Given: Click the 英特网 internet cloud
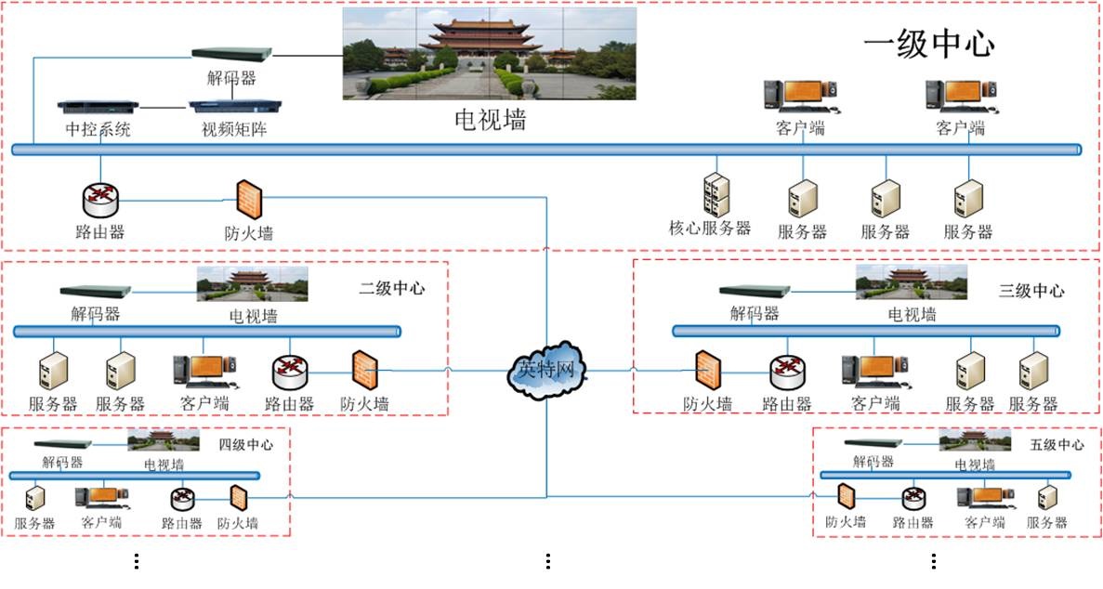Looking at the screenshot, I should tap(547, 369).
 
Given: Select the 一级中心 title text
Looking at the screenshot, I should tap(928, 45).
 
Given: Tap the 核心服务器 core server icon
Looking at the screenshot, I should tap(716, 195).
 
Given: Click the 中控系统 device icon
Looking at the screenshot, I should tap(98, 109).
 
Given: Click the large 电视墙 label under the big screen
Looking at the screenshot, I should tap(490, 119).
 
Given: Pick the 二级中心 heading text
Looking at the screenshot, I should tap(392, 288).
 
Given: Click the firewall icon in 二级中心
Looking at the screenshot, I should tap(364, 371).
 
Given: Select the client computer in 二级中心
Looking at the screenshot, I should tap(204, 372).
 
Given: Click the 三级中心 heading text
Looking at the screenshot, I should tap(1031, 291).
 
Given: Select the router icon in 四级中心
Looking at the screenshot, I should tap(181, 499).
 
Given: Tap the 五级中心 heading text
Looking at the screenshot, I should tap(1057, 445).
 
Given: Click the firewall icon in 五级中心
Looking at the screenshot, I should tap(846, 498).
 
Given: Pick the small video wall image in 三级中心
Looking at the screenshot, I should tap(911, 282).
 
